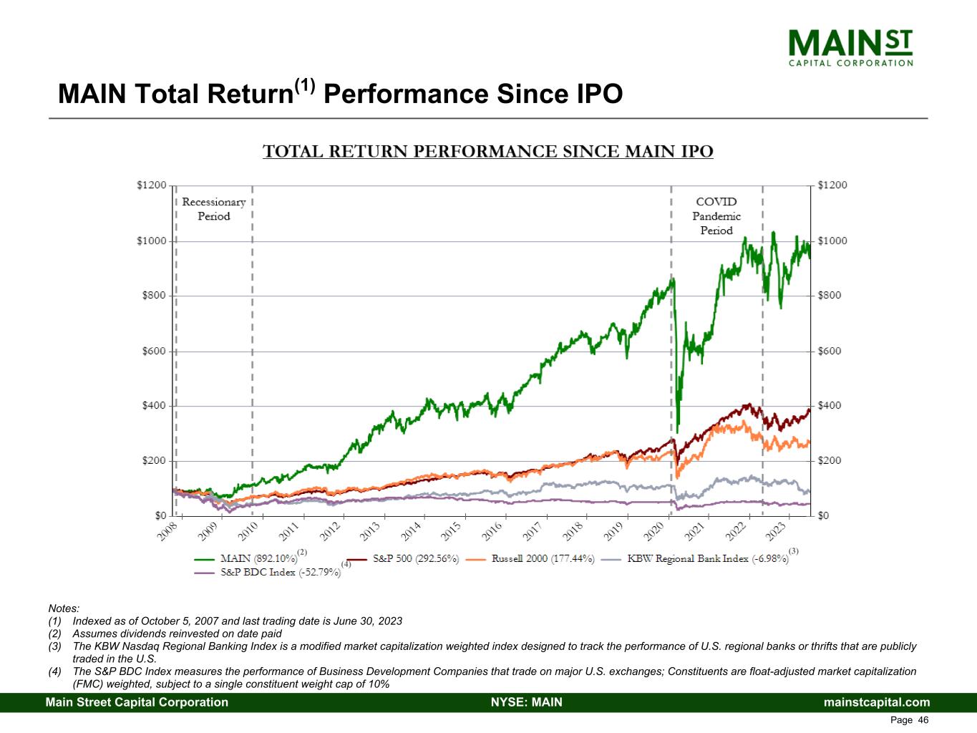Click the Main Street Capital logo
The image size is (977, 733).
(850, 47)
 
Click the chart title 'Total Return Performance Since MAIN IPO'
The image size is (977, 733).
(488, 152)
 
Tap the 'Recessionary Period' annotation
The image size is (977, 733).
(213, 209)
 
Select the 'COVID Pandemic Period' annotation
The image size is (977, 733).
(716, 215)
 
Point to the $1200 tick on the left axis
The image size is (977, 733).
(151, 185)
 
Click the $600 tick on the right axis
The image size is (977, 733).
(830, 351)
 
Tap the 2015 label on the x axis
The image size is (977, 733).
(451, 532)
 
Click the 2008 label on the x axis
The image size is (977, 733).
(167, 532)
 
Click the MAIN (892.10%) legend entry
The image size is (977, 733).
(258, 558)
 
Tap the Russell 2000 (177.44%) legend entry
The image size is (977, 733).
(543, 558)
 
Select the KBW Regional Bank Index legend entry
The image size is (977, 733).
(707, 558)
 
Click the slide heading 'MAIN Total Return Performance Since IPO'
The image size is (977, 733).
(340, 94)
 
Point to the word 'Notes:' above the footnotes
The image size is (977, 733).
(64, 608)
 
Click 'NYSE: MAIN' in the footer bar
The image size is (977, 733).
(526, 702)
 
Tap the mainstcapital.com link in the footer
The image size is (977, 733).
(877, 702)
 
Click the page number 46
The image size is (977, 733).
(923, 720)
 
